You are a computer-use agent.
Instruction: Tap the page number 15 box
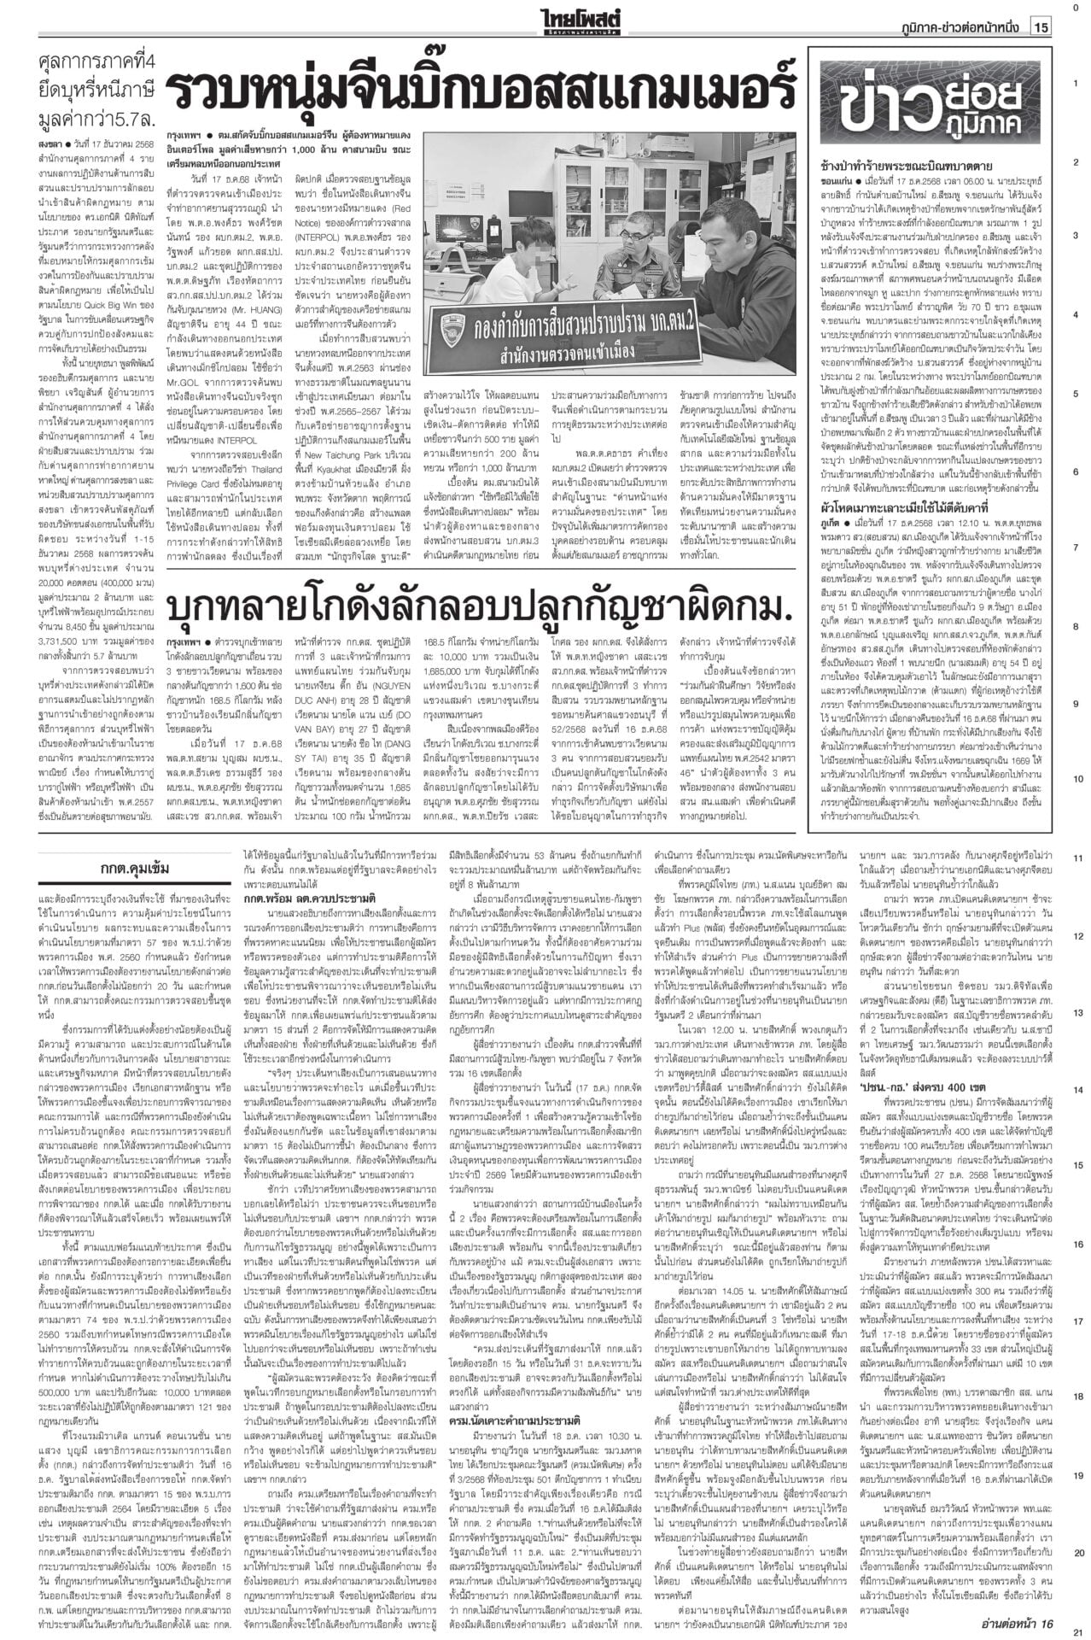(x=1041, y=29)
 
